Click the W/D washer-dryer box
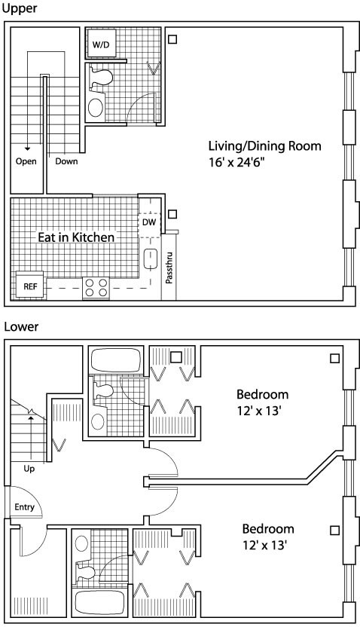click(102, 44)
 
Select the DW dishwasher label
click(149, 222)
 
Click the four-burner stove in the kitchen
click(96, 288)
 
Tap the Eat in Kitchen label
click(76, 237)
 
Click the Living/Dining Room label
click(265, 146)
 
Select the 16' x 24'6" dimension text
click(237, 163)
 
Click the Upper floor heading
click(20, 8)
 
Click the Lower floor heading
click(21, 327)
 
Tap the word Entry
click(24, 507)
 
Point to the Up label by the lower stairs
click(29, 469)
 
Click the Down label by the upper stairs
click(66, 161)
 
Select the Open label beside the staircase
click(26, 161)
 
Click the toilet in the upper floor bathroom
click(100, 77)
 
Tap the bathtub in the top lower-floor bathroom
click(115, 360)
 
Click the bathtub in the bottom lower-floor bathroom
click(100, 603)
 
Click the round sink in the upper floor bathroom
click(96, 108)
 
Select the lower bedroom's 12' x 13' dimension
click(265, 545)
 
